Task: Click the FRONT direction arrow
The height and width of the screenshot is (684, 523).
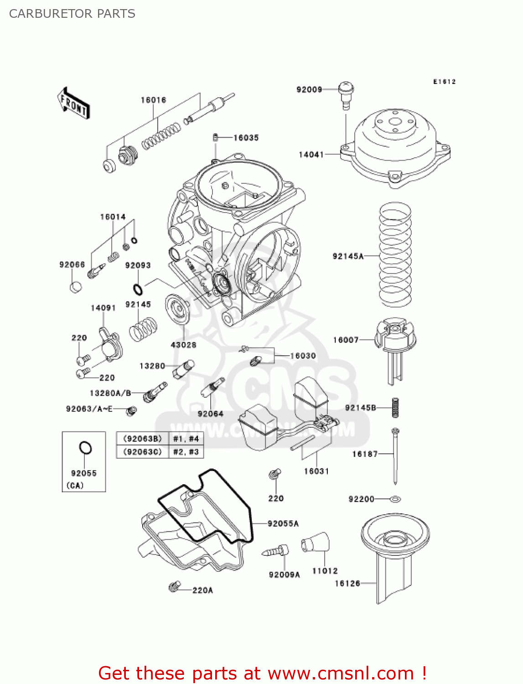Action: pos(73,104)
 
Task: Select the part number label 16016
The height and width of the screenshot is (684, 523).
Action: pos(153,100)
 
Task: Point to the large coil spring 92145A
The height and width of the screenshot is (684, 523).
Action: pos(395,255)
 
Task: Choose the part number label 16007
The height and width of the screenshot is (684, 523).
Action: pos(346,340)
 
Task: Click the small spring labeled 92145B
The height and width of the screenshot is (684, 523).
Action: pos(395,407)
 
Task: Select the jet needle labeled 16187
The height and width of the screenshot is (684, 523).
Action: pos(395,456)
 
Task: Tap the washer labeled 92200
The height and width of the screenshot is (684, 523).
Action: pos(395,499)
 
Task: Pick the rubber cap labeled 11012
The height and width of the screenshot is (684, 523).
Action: pos(315,542)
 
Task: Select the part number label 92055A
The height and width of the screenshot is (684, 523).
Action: pos(283,523)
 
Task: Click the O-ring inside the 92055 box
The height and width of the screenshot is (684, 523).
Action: pos(85,448)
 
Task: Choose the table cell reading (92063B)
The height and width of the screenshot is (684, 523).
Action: pos(143,439)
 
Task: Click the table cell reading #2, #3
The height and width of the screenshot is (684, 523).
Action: pos(186,452)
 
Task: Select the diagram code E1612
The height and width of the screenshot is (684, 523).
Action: pos(444,82)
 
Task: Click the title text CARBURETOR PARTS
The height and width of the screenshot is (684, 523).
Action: pos(72,14)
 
